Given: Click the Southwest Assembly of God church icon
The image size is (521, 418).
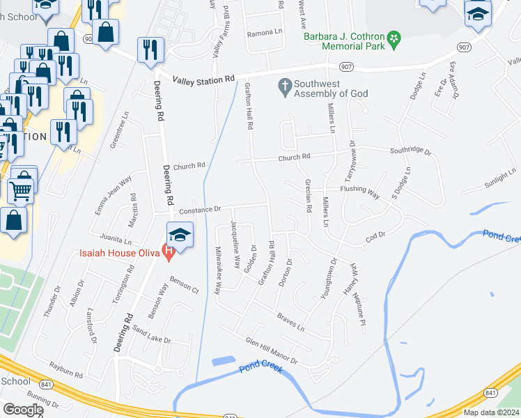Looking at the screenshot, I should tap(284, 86).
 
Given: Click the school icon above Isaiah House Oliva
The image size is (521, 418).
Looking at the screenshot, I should tap(180, 234).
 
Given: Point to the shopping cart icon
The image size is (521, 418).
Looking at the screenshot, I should tap(22, 188).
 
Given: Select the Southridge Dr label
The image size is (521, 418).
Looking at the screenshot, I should tap(410, 150).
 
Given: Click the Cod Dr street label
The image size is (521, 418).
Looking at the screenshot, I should tap(375, 238).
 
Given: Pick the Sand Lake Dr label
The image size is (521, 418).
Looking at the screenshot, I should tap(151, 336).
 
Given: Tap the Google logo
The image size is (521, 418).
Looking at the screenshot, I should tap(23, 410).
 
